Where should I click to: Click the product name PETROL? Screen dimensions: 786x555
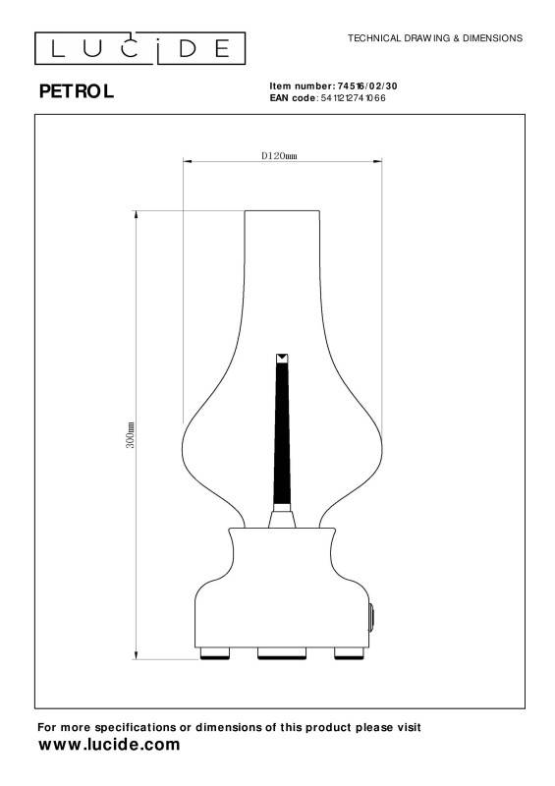pyautogui.click(x=76, y=92)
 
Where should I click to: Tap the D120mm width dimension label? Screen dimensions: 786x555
pyautogui.click(x=280, y=155)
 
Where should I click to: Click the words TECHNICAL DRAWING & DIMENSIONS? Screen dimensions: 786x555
pyautogui.click(x=435, y=37)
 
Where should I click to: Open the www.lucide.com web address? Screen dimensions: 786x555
pyautogui.click(x=108, y=745)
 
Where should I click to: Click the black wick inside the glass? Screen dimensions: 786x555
pyautogui.click(x=282, y=432)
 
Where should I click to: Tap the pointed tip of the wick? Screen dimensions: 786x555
pyautogui.click(x=282, y=357)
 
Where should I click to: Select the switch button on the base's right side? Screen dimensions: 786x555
pyautogui.click(x=371, y=616)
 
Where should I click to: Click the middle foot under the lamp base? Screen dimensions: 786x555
pyautogui.click(x=282, y=653)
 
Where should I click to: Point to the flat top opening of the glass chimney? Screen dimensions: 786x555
pyautogui.click(x=282, y=211)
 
